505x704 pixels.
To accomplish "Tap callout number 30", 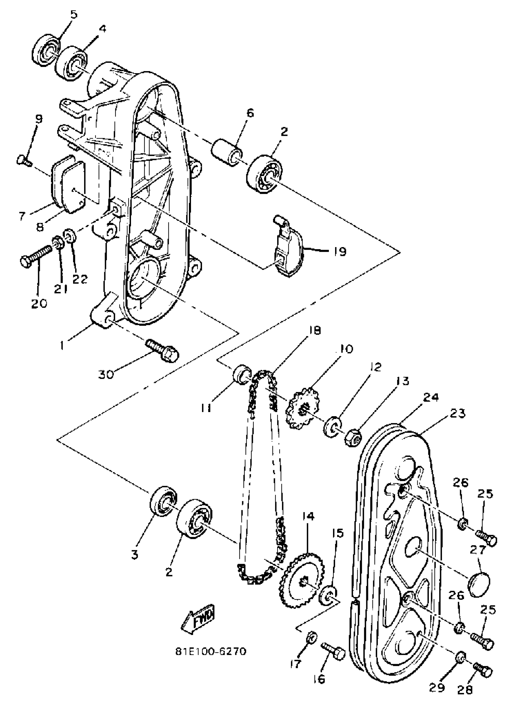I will (106, 375).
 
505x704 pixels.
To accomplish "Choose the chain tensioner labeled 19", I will (288, 248).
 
